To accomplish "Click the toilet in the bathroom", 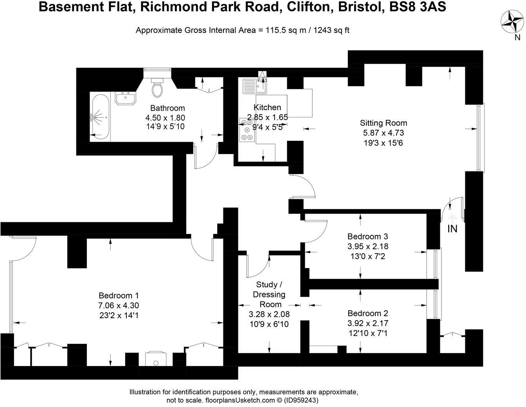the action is point(157,88).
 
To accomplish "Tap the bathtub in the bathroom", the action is point(100,117).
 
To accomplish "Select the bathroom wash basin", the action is point(125,98).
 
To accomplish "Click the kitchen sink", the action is point(254,86).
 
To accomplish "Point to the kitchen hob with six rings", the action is point(247,130).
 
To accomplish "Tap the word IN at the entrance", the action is point(452,229).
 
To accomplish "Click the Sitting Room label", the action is point(384,123).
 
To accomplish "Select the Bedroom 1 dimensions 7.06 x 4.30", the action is point(119,305).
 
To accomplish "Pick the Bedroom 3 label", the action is point(368,236).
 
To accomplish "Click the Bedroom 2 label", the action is point(368,313).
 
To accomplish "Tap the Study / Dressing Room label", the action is point(269,294).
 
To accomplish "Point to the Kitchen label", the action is point(267,107).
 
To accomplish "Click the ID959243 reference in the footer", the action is point(303,400).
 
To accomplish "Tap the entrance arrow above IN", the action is point(452,218).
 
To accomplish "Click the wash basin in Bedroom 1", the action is point(156,358).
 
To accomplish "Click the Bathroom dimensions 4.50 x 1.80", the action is point(165,117).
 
